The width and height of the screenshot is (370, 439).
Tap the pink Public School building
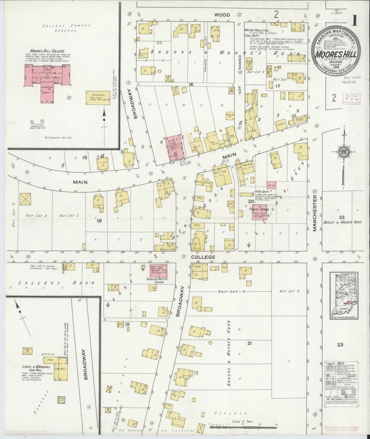[x=261, y=212]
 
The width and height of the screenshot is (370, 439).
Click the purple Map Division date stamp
[x=352, y=99]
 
